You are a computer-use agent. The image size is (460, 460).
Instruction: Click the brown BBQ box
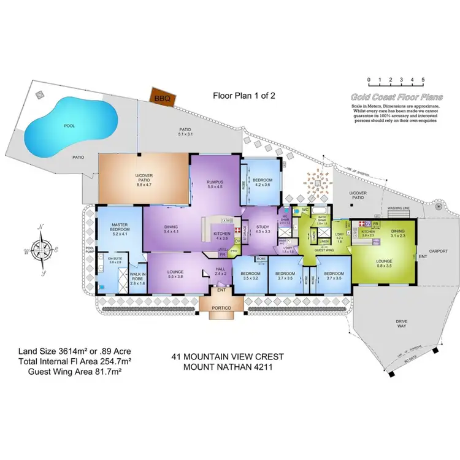point(163,97)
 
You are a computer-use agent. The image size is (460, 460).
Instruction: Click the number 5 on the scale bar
point(423,80)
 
